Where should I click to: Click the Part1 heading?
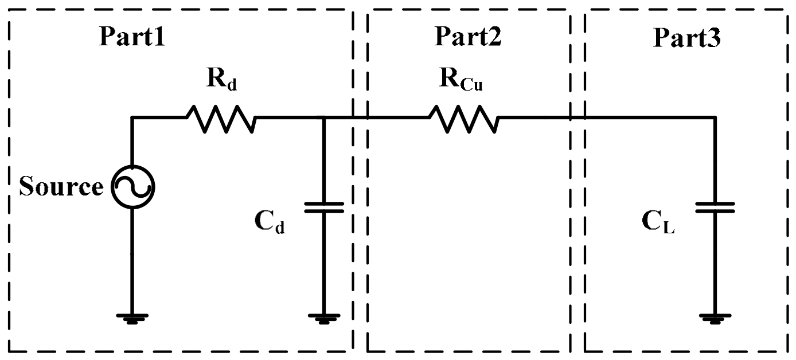tap(132, 37)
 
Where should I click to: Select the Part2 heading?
tap(468, 37)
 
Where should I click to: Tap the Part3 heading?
tap(687, 38)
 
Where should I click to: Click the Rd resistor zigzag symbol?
tap(220, 118)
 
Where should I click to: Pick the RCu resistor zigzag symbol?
tap(463, 118)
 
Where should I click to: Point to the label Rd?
tap(221, 83)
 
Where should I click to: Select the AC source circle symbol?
tap(133, 187)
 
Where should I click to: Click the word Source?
tap(61, 187)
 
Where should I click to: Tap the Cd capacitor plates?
tap(324, 207)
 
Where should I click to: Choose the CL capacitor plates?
tap(715, 207)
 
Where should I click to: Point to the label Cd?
tap(269, 224)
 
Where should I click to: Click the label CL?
tap(658, 223)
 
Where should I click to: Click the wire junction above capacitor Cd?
tap(324, 118)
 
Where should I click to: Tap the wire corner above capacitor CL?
tap(715, 118)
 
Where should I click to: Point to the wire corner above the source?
tap(133, 118)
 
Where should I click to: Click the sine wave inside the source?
tap(133, 187)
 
